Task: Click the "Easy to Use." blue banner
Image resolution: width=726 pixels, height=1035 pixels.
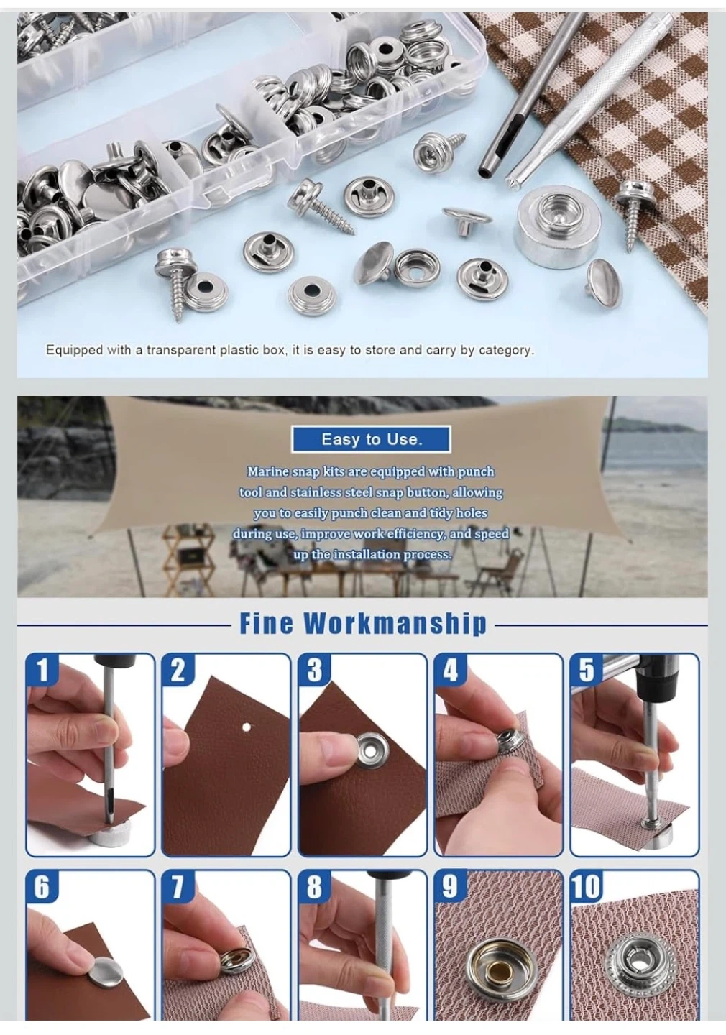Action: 371,439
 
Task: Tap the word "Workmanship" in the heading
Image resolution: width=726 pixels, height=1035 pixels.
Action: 395,624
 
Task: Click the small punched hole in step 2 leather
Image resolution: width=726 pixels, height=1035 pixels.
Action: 247,727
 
